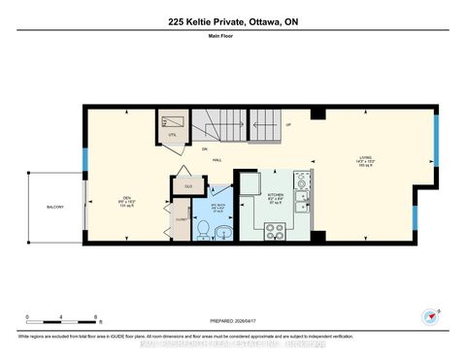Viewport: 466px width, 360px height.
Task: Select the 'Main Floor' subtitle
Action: pyautogui.click(x=233, y=40)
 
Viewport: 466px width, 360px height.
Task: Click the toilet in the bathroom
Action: pyautogui.click(x=202, y=229)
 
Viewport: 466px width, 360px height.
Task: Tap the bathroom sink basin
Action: pyautogui.click(x=223, y=230)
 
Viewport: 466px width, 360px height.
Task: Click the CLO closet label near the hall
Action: pyautogui.click(x=184, y=185)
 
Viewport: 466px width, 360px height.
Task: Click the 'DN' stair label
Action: pyautogui.click(x=205, y=148)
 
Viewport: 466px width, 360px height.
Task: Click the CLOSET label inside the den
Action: pyautogui.click(x=181, y=220)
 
